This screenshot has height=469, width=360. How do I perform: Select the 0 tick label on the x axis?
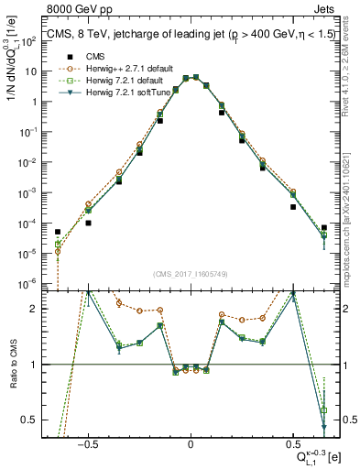[190, 443]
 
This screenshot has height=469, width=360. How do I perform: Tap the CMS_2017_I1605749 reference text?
[190, 274]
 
